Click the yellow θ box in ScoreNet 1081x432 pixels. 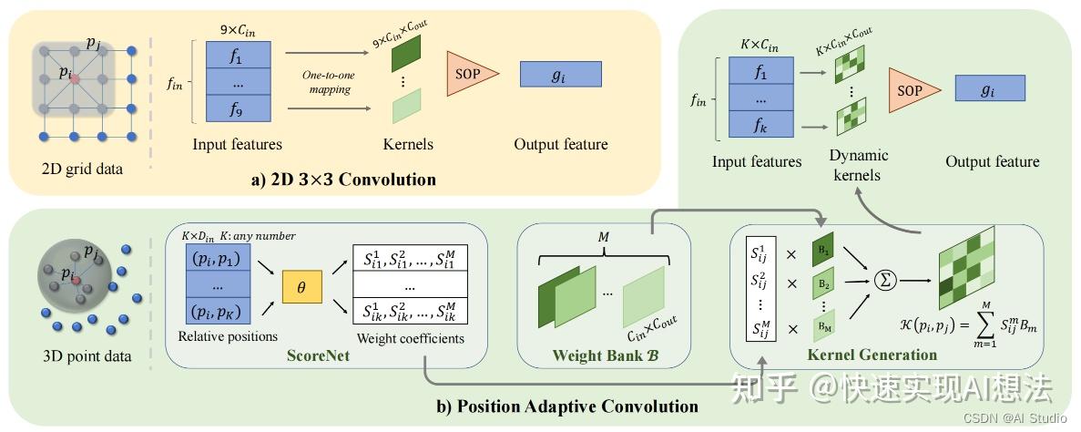[x=301, y=286]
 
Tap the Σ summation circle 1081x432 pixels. [x=883, y=281]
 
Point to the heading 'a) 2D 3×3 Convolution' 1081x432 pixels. [x=343, y=180]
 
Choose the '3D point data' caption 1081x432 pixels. [x=87, y=356]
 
